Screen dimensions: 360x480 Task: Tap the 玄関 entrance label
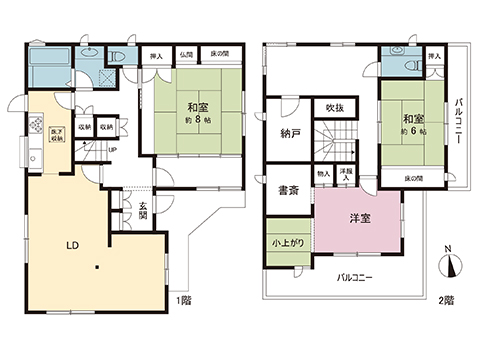coord(143,209)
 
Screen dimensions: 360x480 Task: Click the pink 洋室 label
coord(359,220)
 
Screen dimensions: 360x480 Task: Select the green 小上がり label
coord(288,243)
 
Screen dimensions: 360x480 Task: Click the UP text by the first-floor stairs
coord(112,151)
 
